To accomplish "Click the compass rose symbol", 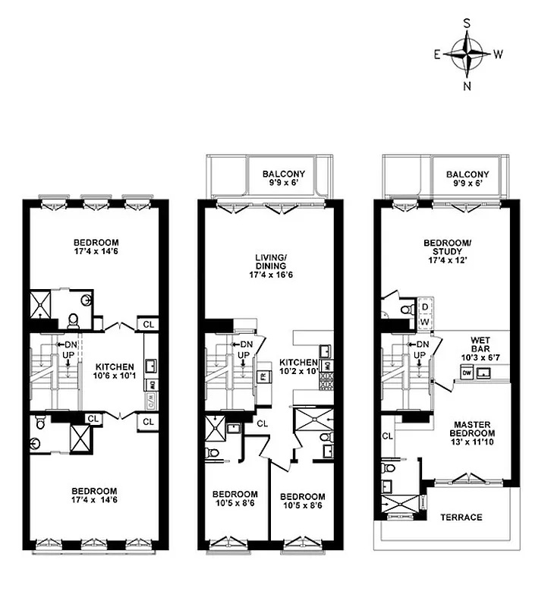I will pos(468,55).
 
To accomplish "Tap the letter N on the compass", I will pos(468,86).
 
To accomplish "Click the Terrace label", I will pos(461,517).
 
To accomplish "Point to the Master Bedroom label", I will pos(474,429).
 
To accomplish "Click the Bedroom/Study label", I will pos(447,248).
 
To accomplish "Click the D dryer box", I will pos(424,307).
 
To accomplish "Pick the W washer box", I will pos(424,322).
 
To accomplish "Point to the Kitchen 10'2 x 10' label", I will pos(298,366).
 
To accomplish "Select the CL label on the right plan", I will pos(386,436).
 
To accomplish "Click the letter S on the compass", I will pos(468,24).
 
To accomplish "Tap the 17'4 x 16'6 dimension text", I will pos(270,275).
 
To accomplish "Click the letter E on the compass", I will pos(436,55).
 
